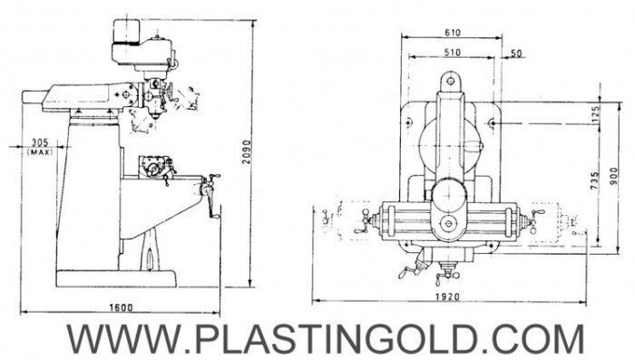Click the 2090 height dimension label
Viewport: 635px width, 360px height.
[x=247, y=152]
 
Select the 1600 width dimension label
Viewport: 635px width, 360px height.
[x=121, y=307]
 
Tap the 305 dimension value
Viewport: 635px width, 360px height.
[x=40, y=142]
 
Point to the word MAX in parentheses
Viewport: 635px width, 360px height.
[x=40, y=152]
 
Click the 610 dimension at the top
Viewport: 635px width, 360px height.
[x=453, y=33]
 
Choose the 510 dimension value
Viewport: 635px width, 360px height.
[x=453, y=53]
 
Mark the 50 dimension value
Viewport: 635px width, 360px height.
[x=516, y=54]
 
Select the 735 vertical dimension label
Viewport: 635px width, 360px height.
[x=594, y=180]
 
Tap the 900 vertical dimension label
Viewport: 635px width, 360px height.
[x=614, y=176]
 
